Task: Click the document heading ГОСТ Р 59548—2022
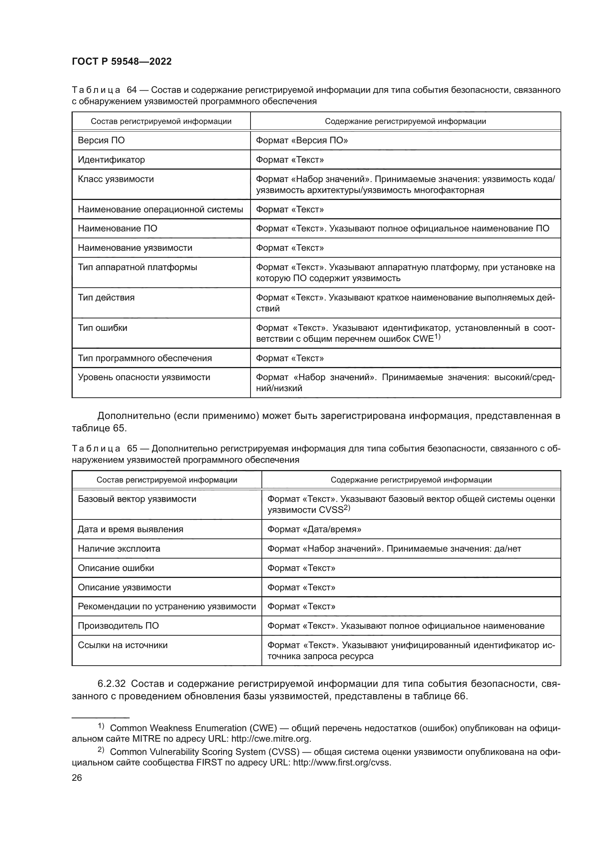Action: click(x=122, y=62)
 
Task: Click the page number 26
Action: click(x=77, y=778)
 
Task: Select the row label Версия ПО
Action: click(x=101, y=140)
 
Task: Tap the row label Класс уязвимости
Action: click(x=116, y=179)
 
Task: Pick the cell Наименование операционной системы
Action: click(x=160, y=209)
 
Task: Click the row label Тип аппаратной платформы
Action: click(x=137, y=267)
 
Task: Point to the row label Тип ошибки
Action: click(x=102, y=328)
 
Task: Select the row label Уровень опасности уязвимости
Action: click(x=144, y=377)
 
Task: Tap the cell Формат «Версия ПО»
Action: click(x=302, y=140)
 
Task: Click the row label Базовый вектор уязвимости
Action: click(x=137, y=499)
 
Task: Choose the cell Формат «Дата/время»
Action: click(x=314, y=529)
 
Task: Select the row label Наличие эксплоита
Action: click(x=119, y=549)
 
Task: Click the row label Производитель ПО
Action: click(x=118, y=625)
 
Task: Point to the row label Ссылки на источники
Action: click(x=123, y=645)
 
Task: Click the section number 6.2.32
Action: click(x=112, y=684)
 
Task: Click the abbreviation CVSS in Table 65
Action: click(x=330, y=510)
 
